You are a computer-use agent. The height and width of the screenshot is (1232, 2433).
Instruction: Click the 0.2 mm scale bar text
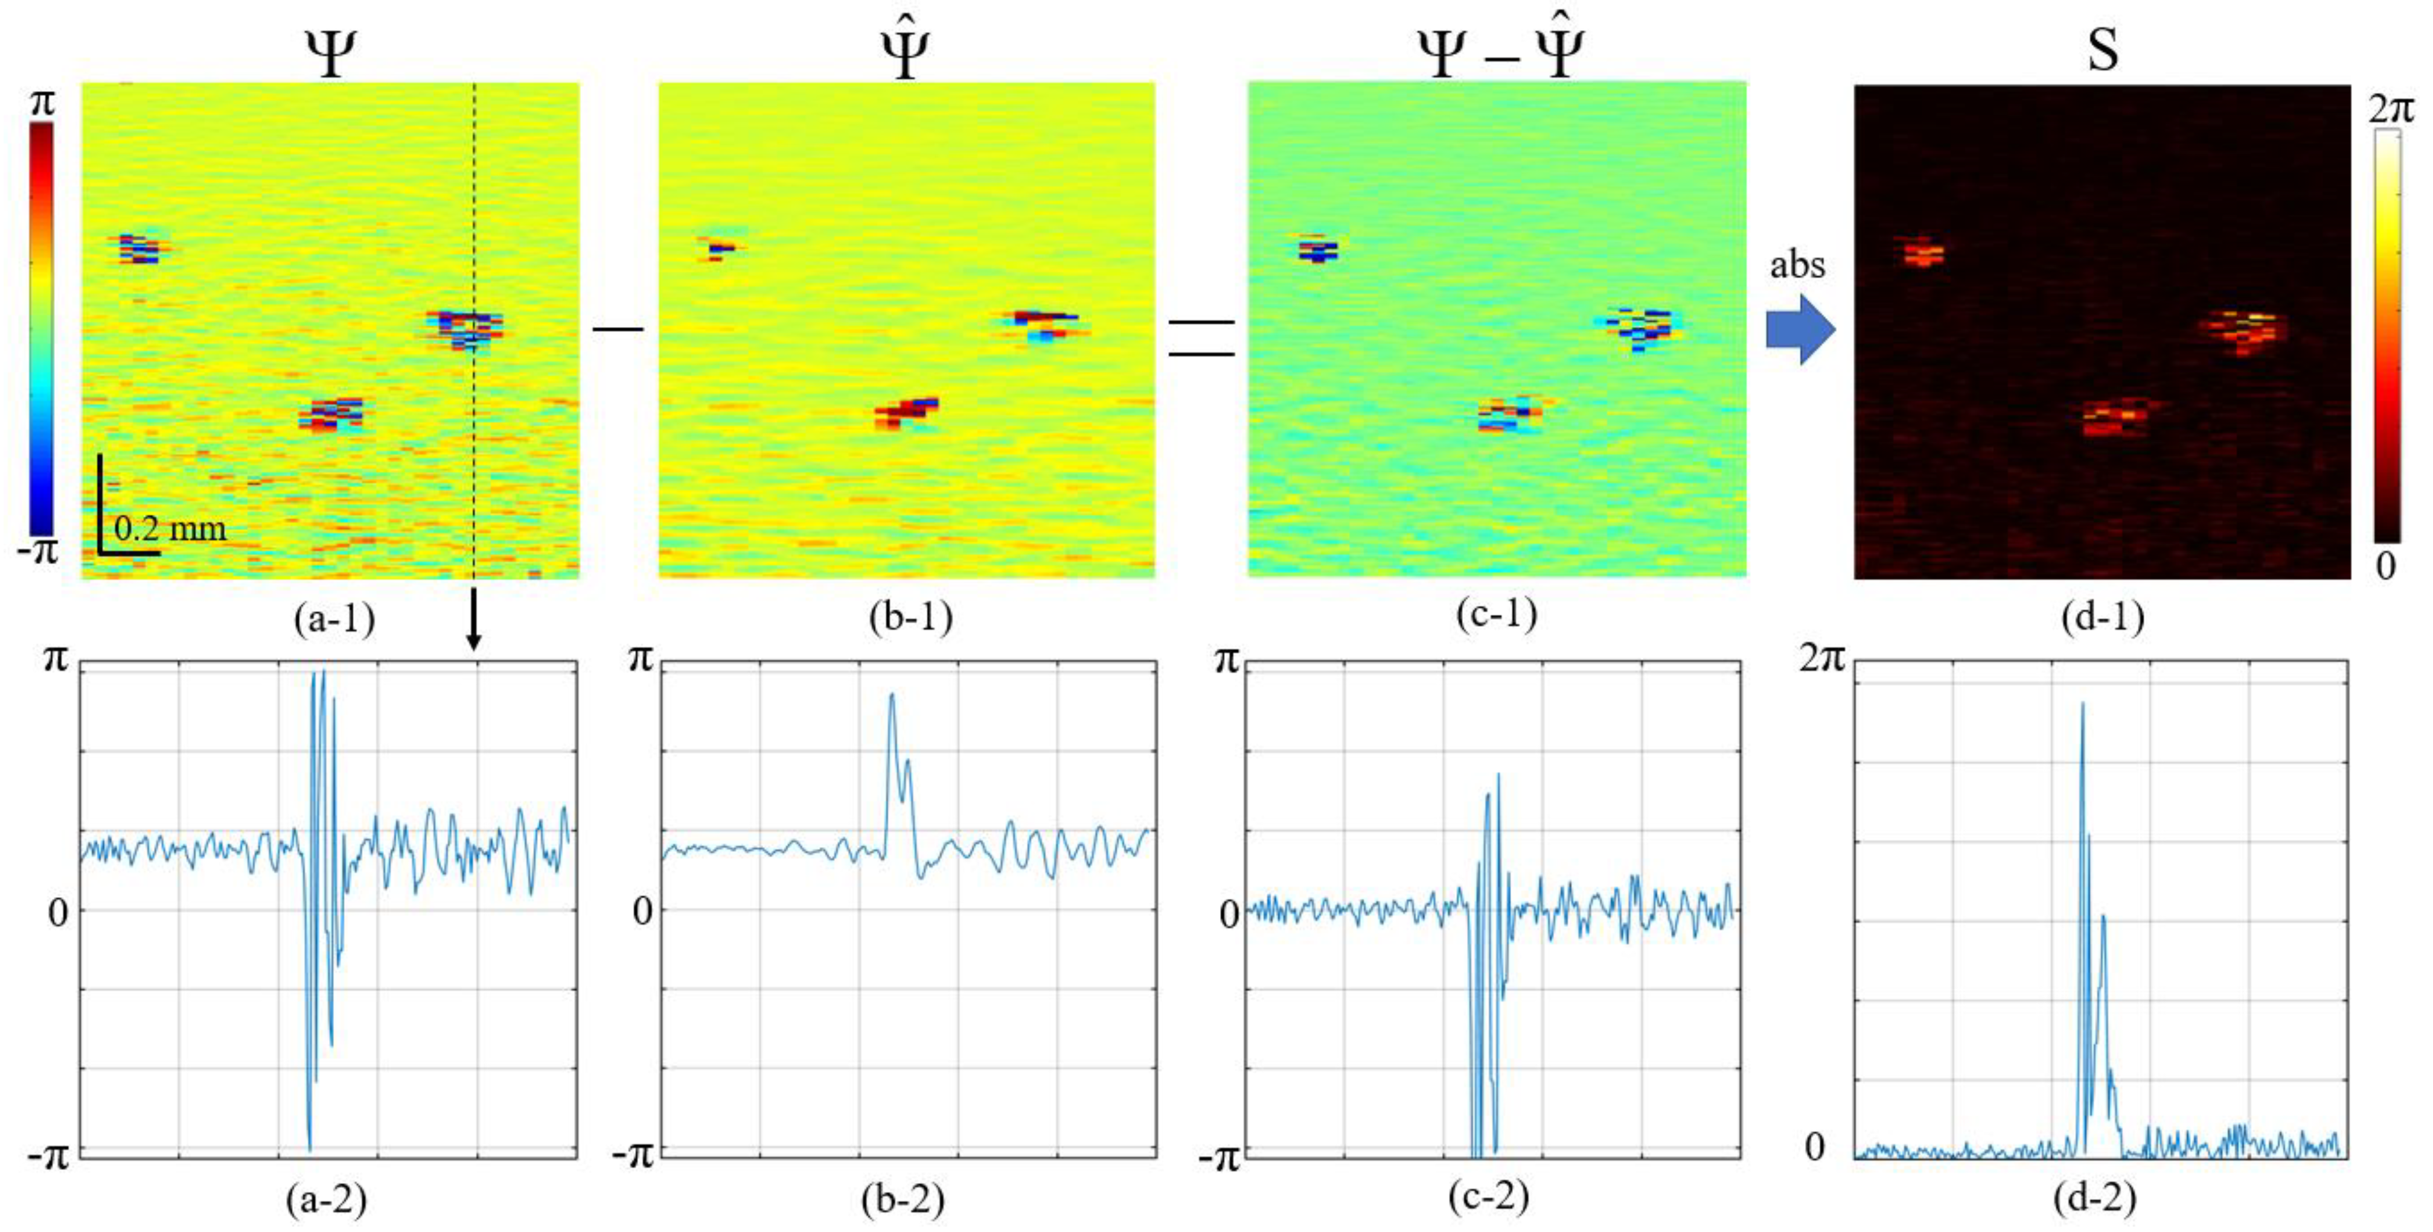(170, 529)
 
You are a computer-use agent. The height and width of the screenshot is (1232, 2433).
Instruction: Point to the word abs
(1797, 265)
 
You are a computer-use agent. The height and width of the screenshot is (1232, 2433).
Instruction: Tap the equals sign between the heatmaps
(1201, 338)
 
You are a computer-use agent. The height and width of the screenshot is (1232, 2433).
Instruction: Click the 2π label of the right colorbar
(2391, 110)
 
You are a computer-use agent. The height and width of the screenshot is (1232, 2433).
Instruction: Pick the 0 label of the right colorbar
(2386, 567)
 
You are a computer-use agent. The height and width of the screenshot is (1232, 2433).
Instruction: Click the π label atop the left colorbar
(42, 102)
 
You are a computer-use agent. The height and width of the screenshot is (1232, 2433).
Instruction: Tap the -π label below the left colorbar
(38, 550)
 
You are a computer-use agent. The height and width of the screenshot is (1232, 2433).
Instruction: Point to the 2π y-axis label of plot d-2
(1821, 658)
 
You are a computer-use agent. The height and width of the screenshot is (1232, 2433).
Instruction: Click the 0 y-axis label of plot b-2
(642, 912)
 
